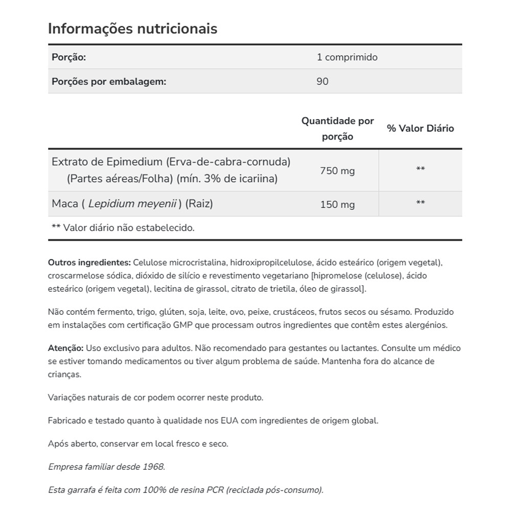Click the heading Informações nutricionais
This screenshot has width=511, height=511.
click(132, 29)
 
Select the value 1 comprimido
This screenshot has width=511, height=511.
click(347, 57)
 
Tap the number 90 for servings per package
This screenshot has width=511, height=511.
click(322, 81)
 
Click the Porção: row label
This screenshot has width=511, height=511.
click(68, 57)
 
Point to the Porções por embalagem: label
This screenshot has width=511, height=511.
click(109, 81)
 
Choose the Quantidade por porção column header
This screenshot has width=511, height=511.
click(337, 129)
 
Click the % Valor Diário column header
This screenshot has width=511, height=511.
click(420, 129)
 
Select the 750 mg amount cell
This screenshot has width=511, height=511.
click(337, 171)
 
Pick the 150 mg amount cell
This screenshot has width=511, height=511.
click(337, 204)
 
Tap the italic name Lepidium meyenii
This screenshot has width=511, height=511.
click(132, 203)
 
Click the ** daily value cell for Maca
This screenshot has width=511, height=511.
click(420, 203)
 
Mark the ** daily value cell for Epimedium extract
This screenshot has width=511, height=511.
click(420, 170)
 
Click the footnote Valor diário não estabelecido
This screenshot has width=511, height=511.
click(129, 228)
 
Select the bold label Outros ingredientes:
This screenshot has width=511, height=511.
click(89, 263)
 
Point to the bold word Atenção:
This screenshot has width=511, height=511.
click(65, 348)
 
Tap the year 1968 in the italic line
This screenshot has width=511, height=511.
click(154, 467)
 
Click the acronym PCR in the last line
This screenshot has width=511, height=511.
click(215, 490)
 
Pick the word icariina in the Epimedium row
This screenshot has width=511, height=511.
click(260, 179)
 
